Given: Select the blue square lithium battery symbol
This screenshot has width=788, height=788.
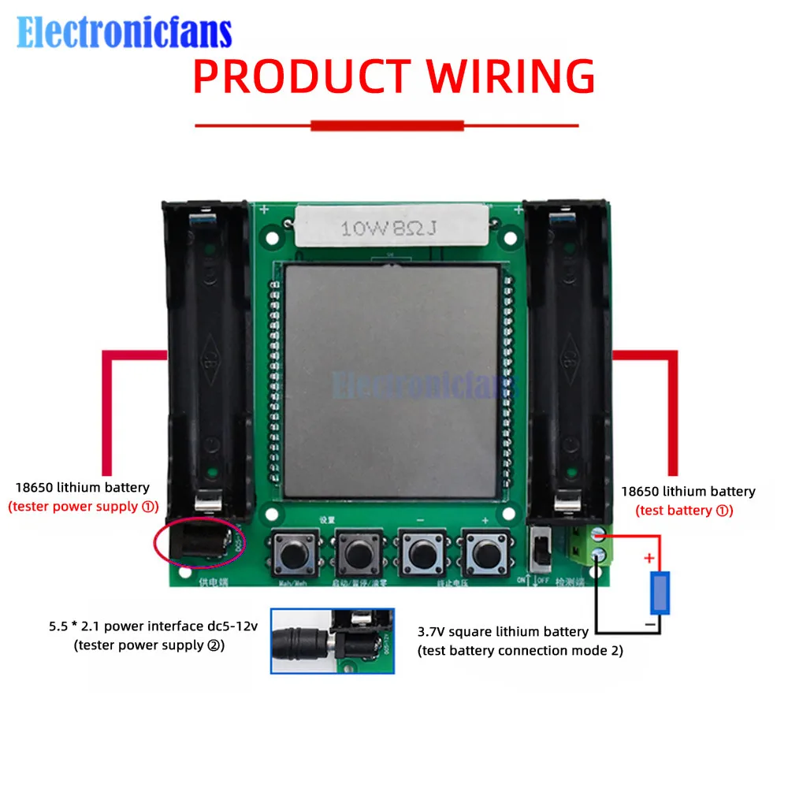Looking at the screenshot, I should (x=660, y=593).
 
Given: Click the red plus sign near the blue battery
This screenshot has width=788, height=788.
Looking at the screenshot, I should (x=649, y=559).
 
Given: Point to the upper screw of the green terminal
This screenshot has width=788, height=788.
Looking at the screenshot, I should (x=598, y=535).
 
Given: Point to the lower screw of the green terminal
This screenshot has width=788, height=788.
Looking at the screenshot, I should (x=598, y=555).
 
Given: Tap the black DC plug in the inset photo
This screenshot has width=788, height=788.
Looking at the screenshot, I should (x=303, y=640).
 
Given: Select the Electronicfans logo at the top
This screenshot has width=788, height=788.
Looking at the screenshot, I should (x=125, y=33).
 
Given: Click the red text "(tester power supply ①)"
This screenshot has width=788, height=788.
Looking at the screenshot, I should (x=84, y=507).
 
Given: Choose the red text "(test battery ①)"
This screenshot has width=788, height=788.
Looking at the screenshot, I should (x=684, y=511).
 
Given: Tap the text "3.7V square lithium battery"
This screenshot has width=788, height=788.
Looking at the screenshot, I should (x=503, y=632).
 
